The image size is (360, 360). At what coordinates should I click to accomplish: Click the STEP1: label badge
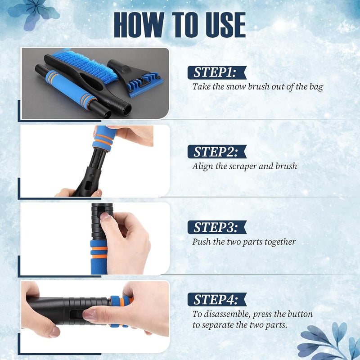[x=217, y=72]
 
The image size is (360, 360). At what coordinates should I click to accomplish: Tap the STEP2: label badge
[x=217, y=152]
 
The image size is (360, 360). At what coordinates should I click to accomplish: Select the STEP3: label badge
[x=217, y=227]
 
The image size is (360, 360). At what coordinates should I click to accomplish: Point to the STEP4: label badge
[x=217, y=299]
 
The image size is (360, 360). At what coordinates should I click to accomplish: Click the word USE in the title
[x=226, y=25]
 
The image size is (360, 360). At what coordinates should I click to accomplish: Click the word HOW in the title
[x=139, y=25]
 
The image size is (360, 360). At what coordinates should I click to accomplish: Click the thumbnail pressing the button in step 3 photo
[x=105, y=216]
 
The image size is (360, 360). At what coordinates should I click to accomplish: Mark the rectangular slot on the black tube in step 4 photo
[x=76, y=314]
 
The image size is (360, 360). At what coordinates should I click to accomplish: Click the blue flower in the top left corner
[x=33, y=14]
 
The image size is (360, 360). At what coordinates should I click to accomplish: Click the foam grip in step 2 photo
[x=104, y=139]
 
